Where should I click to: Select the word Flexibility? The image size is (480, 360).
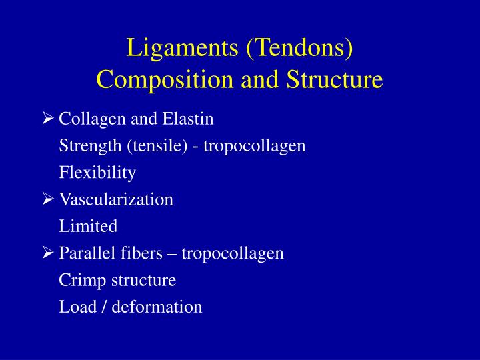click(x=97, y=173)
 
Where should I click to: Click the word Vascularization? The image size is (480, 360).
click(x=116, y=199)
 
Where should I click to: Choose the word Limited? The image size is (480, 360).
click(x=88, y=226)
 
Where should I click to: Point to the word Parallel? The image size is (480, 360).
click(x=83, y=253)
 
